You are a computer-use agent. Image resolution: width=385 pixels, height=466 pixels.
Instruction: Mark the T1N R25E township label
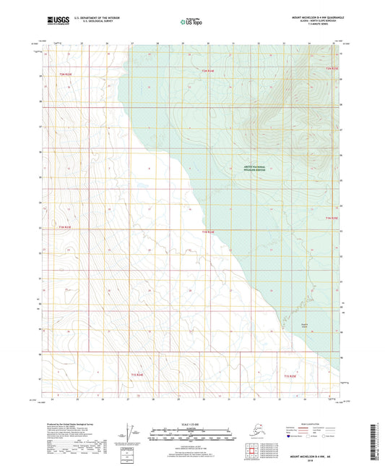pyautogui.click(x=332, y=218)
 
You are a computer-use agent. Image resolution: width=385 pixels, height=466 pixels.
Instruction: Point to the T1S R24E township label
pyautogui.click(x=138, y=375)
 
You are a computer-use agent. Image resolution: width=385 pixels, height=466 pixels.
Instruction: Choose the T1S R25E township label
pyautogui.click(x=291, y=377)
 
